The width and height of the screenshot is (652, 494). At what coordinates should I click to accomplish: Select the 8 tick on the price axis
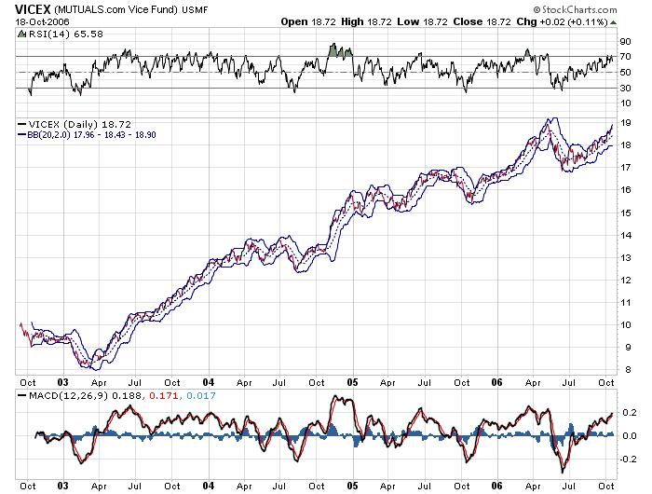tap(628, 369)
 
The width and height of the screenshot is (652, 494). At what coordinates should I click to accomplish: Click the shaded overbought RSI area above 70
tap(340, 50)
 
